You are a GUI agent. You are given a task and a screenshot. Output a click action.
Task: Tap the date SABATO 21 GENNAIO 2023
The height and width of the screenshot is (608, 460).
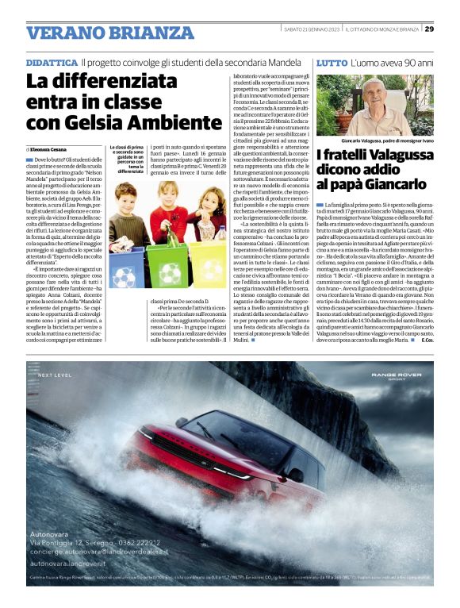click(x=312, y=29)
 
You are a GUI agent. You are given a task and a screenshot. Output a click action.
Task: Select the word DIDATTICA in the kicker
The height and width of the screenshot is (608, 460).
click(x=52, y=62)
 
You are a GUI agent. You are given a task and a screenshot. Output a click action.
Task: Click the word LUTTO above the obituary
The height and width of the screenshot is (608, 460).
click(x=332, y=62)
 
